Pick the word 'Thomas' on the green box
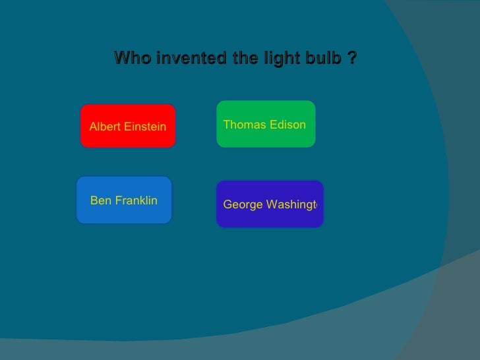tap(243, 124)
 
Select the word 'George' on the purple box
tap(242, 205)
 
